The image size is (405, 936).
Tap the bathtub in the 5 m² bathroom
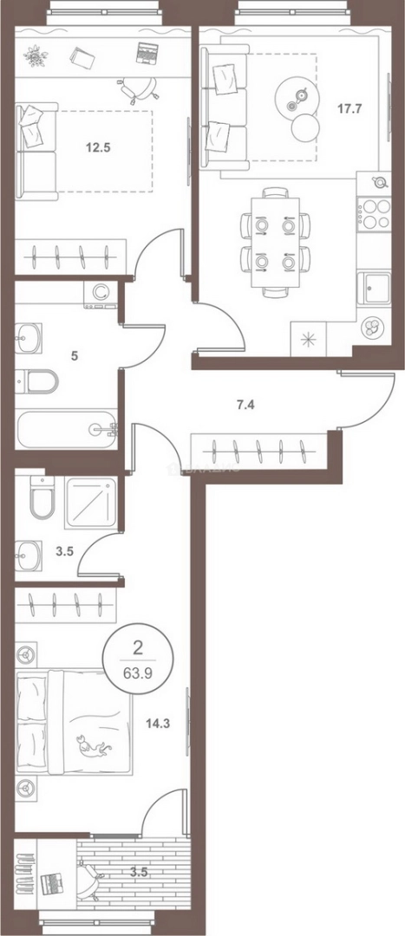[x=66, y=429]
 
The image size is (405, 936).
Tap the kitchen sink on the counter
[x=375, y=287]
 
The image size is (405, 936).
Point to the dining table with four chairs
[x=275, y=240]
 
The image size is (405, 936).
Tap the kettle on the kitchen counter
[x=378, y=181]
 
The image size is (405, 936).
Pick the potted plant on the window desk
[x=35, y=56]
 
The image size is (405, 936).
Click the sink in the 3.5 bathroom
[x=29, y=553]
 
